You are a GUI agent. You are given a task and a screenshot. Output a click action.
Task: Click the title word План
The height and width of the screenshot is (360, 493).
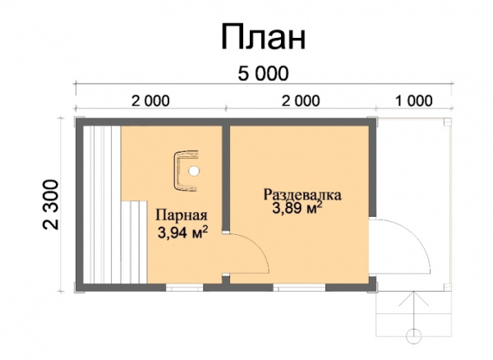coord(264,36)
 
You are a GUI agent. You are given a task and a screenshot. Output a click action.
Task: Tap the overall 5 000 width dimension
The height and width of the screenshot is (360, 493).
coord(263,74)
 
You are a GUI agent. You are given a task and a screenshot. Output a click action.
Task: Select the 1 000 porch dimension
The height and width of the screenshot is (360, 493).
coord(413,101)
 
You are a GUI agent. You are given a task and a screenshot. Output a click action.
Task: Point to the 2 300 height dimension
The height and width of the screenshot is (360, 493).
coord(51,205)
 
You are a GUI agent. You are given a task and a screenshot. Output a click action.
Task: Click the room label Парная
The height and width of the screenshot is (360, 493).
coord(182,215)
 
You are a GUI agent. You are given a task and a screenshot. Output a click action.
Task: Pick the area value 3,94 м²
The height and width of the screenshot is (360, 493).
coord(182,233)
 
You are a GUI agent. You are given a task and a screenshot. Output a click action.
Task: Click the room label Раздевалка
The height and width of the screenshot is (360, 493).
coord(302,195)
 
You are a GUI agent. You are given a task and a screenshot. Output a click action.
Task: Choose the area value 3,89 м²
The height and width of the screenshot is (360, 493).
coord(297,208)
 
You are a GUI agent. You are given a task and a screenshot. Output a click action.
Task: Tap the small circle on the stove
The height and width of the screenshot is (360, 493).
coord(194,171)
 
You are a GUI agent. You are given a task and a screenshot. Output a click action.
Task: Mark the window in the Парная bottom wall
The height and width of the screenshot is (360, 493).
coord(185,288)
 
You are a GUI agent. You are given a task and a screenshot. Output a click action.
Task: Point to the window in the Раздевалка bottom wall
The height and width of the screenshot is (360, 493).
coord(299,288)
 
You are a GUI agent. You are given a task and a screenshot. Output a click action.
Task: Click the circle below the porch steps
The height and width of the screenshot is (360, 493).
coord(414,336)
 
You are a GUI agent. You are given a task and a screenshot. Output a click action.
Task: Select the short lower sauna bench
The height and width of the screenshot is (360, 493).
coord(134,242)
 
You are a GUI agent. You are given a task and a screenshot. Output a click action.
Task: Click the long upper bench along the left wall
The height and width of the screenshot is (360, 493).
coord(102,205)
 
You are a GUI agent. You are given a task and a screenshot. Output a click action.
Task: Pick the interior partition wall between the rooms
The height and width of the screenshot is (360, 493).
coord(226,178)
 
